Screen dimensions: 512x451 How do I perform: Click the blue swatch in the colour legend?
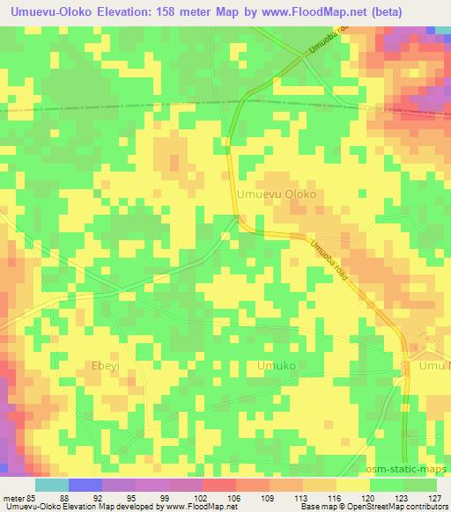(85, 485)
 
